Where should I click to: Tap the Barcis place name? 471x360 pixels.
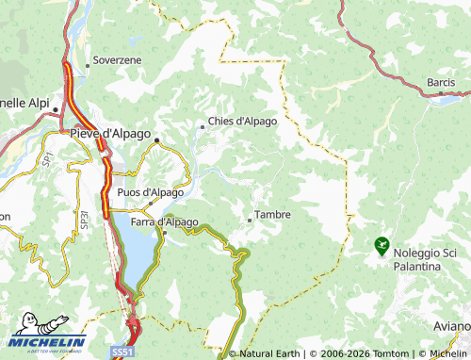tap(441, 82)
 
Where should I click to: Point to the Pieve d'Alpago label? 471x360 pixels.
tap(111, 135)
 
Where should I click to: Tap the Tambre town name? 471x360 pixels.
tap(272, 215)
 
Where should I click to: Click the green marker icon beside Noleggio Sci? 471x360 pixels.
tap(382, 246)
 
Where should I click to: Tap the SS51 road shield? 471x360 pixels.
tap(123, 350)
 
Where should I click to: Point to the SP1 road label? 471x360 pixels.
tap(45, 161)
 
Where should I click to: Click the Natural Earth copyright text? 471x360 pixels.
tap(268, 354)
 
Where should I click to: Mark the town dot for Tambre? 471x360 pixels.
tap(249, 220)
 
